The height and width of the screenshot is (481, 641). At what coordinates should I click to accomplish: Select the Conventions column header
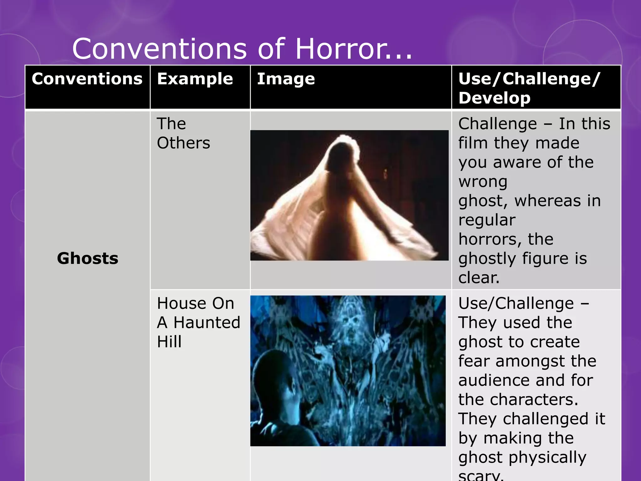(87, 79)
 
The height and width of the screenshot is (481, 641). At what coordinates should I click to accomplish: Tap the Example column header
(195, 79)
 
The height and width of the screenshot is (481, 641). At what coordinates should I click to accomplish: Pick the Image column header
(286, 79)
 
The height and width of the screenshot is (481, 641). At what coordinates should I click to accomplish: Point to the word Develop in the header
(494, 98)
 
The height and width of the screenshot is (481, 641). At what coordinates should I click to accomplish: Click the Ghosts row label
(88, 258)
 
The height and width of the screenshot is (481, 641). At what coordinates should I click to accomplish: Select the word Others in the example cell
(183, 143)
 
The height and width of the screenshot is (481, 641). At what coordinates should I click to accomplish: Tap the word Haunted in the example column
(207, 323)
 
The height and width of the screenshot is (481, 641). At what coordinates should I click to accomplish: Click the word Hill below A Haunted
(169, 342)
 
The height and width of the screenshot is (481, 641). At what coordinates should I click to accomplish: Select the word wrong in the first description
(483, 182)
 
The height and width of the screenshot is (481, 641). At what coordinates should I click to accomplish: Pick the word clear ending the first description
(478, 278)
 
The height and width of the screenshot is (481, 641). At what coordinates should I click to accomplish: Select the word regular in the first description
(487, 220)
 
